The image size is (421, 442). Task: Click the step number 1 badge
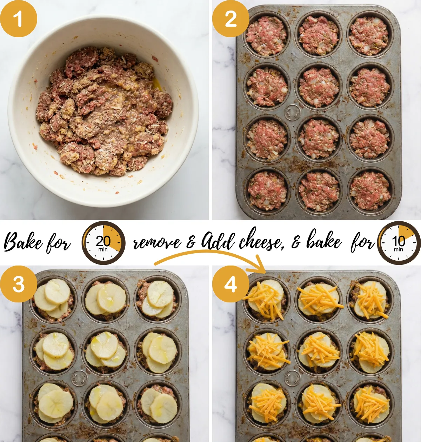click(18, 19)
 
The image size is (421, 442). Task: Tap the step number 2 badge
click(230, 19)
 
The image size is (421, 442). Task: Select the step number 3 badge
click(18, 284)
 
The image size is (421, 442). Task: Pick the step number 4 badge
click(230, 284)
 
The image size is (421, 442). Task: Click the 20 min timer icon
click(103, 243)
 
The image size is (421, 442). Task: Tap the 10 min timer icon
click(399, 243)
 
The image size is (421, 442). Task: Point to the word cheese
click(261, 241)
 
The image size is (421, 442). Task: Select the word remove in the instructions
click(157, 243)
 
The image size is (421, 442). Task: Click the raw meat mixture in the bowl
click(104, 112)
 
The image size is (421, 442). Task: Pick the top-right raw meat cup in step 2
click(369, 36)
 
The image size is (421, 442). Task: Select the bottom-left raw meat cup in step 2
click(267, 190)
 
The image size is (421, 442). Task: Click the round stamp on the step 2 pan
click(292, 112)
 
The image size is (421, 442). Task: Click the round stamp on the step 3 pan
click(79, 378)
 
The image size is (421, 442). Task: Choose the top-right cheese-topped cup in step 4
click(370, 300)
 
